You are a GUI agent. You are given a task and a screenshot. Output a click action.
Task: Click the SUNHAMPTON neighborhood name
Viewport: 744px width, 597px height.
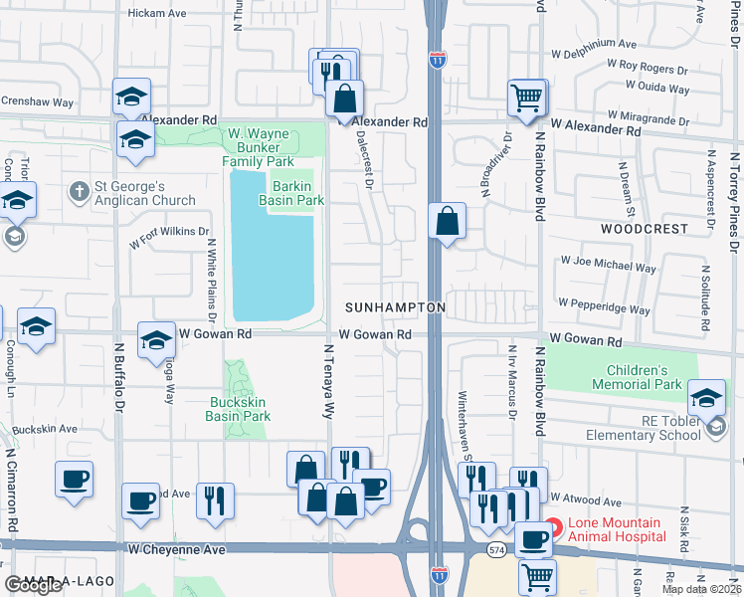click(395, 308)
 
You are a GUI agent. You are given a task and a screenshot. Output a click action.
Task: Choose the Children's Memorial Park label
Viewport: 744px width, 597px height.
click(637, 377)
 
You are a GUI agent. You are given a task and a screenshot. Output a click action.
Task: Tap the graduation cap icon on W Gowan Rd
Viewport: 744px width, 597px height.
click(156, 341)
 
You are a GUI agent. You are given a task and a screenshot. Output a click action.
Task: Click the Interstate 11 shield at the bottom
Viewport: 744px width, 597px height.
click(439, 574)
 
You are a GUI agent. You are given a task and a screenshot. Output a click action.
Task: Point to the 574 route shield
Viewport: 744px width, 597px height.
click(494, 549)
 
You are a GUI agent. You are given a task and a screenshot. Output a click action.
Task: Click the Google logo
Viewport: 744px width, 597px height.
click(33, 585)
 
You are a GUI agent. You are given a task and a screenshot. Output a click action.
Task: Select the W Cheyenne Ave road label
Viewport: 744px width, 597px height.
click(176, 549)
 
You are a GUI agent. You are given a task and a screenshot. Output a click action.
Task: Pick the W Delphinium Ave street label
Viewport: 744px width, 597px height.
click(592, 44)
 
